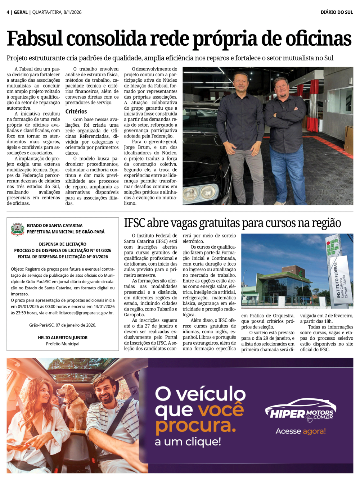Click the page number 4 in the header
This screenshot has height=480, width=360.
(x=8, y=12)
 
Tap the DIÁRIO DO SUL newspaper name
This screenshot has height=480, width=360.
(x=337, y=12)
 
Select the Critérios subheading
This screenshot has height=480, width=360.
(x=76, y=112)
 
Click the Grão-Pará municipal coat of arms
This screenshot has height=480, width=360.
(x=17, y=229)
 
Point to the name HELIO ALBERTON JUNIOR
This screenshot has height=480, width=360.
(x=63, y=338)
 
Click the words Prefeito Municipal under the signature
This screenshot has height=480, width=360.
(x=63, y=344)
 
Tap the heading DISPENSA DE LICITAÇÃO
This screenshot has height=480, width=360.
(x=63, y=244)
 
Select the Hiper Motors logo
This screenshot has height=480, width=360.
(x=301, y=410)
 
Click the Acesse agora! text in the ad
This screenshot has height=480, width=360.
(x=301, y=431)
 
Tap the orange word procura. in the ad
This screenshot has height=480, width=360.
(x=195, y=426)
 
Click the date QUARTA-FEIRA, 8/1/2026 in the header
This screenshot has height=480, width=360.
(x=57, y=12)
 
